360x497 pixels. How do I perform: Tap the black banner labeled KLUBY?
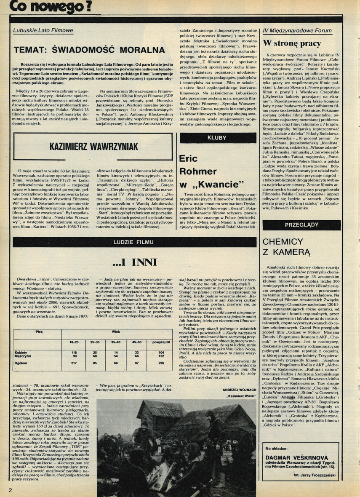pos(218,138)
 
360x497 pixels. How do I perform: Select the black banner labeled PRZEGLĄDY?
pos(301,225)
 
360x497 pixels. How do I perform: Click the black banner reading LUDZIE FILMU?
pos(134,242)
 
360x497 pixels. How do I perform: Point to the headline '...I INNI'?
pos(134,263)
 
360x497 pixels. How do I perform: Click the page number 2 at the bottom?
pos(10,489)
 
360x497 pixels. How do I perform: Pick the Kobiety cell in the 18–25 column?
pos(74,352)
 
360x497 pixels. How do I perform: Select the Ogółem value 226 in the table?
pos(161,363)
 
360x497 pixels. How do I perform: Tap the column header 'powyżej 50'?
pos(161,342)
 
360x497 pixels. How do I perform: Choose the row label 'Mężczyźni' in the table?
pos(22,356)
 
